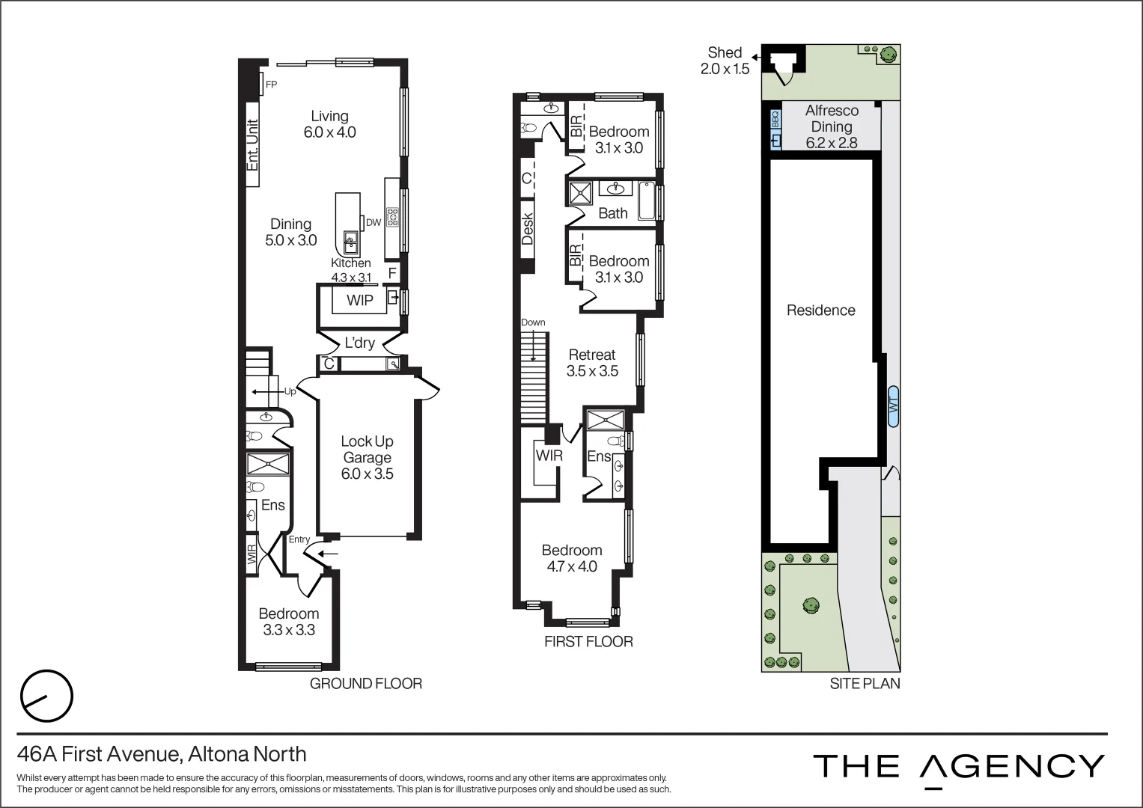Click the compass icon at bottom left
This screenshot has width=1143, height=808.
[46, 697]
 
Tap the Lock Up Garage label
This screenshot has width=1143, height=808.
[367, 457]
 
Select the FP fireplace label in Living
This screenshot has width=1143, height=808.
[271, 85]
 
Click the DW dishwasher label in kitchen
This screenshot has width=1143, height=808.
[373, 222]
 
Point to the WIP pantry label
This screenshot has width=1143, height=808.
[359, 300]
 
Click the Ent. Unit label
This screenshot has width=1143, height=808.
[253, 144]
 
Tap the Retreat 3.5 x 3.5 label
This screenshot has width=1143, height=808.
[591, 363]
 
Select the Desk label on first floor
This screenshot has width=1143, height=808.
[527, 229]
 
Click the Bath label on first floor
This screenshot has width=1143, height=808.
[612, 213]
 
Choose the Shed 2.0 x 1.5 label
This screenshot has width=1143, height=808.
[724, 61]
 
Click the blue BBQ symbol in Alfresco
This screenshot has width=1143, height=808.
[775, 119]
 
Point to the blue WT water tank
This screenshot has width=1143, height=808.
[893, 406]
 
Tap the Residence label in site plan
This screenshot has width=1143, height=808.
[820, 310]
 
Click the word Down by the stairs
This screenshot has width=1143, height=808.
[533, 322]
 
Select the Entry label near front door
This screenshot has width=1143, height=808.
[299, 539]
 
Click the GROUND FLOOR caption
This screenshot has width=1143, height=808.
[365, 683]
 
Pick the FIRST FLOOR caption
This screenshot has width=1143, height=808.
[588, 641]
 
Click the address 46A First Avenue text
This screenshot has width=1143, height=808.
[162, 753]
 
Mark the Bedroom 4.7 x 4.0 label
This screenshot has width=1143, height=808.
[572, 558]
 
